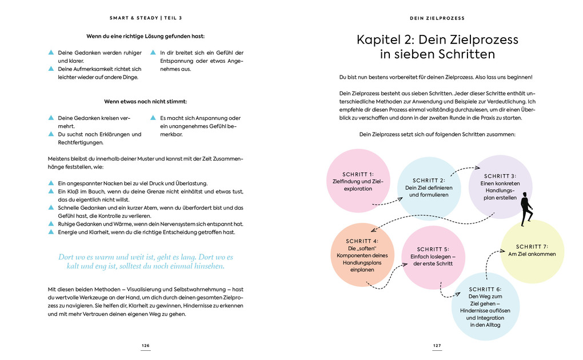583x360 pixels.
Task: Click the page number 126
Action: [x=145, y=346]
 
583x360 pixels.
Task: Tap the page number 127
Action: [x=437, y=346]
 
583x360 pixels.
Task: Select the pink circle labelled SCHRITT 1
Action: [x=358, y=181]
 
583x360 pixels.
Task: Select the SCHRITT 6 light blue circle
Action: [x=485, y=306]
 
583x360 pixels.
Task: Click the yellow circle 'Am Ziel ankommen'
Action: [x=532, y=251]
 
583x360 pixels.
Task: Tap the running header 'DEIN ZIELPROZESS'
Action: [x=437, y=18]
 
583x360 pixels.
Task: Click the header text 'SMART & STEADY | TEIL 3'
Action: [x=145, y=18]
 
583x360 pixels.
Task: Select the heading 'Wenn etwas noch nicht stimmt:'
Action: [x=145, y=101]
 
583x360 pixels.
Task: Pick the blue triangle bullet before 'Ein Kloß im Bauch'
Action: [x=51, y=191]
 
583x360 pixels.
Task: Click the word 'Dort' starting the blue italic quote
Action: [x=66, y=257]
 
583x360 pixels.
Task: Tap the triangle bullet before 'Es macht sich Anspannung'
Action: [x=153, y=118]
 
